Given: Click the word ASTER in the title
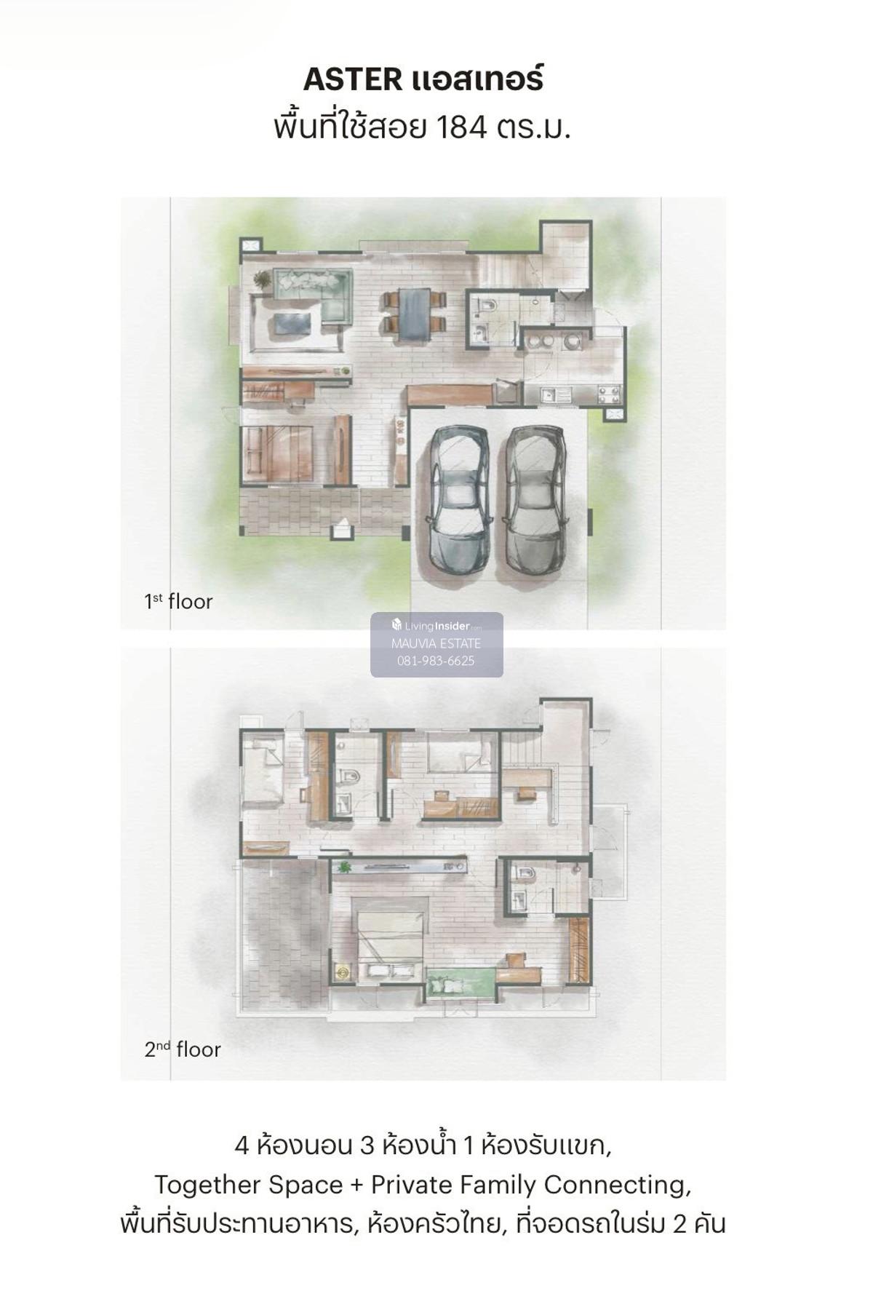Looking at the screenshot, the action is coord(351,79).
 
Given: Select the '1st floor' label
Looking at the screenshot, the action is coord(178,602).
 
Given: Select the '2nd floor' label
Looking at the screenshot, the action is coord(182,1049).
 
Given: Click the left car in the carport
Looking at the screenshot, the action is coord(458,498).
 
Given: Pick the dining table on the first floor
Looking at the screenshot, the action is coord(414,314).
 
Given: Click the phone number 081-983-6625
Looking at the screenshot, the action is coord(436,661).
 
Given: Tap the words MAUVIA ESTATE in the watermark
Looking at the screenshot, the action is coord(436,643).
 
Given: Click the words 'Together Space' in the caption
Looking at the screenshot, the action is coord(249,1185).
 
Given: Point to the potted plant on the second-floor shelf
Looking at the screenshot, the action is coord(344,867).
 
